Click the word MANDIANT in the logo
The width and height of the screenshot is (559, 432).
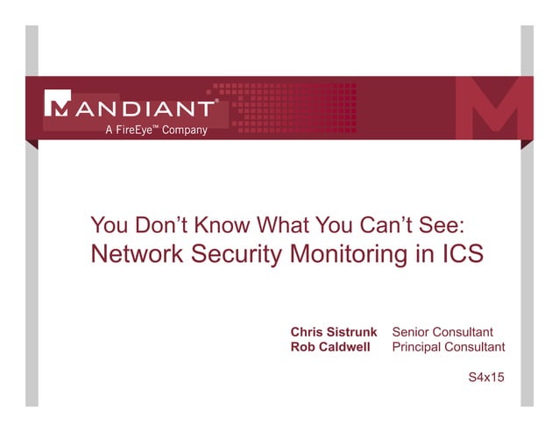(140, 110)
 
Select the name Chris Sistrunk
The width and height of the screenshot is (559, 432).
(334, 332)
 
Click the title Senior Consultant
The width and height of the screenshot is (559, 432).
(442, 332)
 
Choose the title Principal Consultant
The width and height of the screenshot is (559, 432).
(449, 347)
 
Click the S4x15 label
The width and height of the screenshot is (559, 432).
(487, 379)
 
